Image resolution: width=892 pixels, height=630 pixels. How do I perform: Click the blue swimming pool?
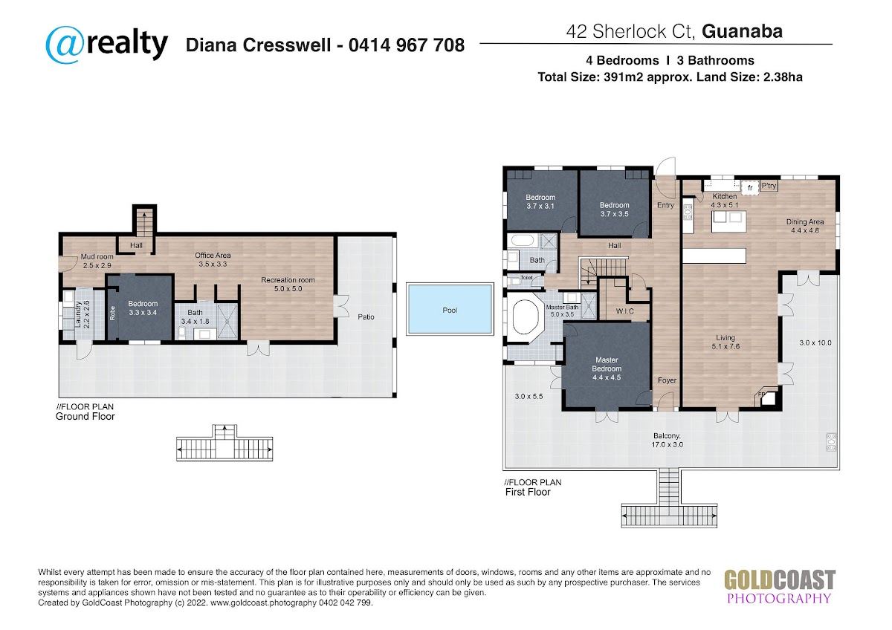(450, 309)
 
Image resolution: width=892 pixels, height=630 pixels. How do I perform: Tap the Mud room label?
(97, 261)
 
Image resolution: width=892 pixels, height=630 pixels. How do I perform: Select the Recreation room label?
(288, 284)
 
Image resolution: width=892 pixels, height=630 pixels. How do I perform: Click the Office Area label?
(213, 259)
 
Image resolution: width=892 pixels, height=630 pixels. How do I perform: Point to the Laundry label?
(83, 314)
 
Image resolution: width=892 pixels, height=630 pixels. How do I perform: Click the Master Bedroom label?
(607, 368)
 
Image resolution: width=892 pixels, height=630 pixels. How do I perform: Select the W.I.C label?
(625, 311)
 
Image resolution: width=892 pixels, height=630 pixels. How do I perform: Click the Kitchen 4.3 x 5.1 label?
(725, 201)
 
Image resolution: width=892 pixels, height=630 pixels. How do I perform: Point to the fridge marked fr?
(750, 188)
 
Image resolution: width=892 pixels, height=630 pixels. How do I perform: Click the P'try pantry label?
(769, 186)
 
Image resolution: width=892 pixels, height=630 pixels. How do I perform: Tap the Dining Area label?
(805, 226)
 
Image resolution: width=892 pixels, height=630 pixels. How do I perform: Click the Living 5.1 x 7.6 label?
(725, 342)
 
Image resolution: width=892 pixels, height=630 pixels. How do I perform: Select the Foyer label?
(667, 380)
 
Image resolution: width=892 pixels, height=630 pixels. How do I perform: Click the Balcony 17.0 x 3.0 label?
(667, 440)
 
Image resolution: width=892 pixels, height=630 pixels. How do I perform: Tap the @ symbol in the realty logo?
(65, 45)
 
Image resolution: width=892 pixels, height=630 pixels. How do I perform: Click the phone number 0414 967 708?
(407, 45)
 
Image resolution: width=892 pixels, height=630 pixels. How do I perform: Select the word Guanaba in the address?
(743, 31)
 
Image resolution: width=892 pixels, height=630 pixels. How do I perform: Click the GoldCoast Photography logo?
(780, 587)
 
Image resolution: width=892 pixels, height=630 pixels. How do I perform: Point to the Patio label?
(366, 316)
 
